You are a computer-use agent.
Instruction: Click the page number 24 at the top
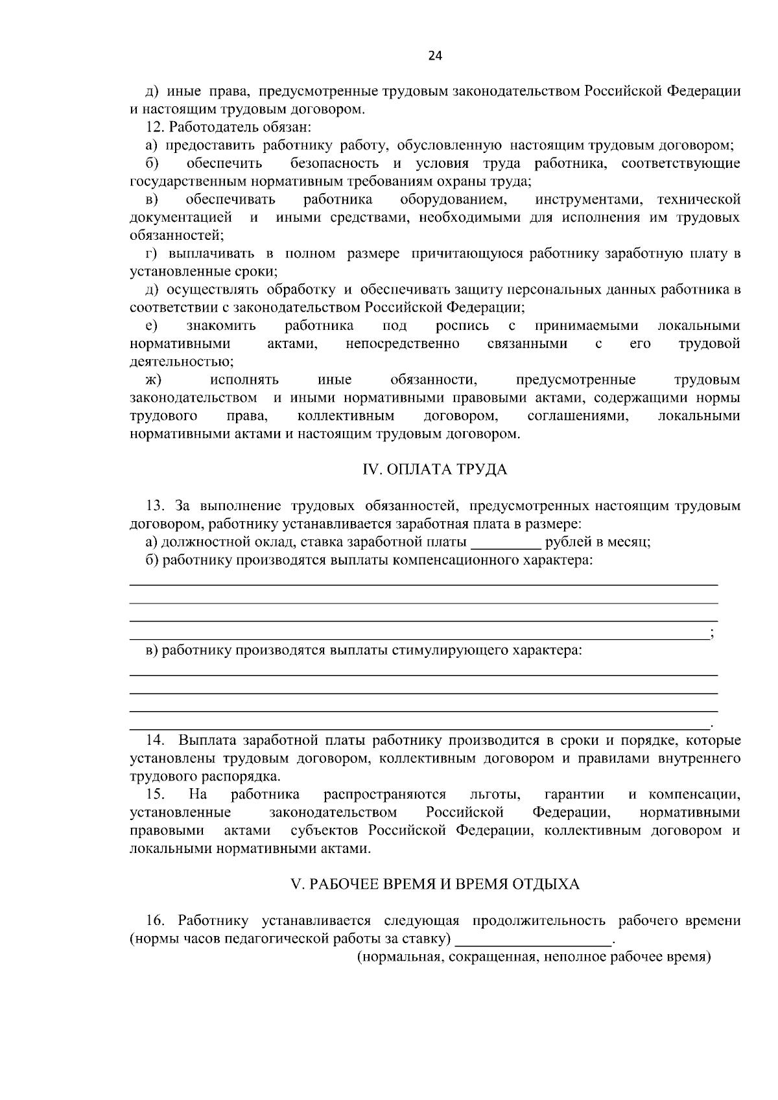pos(435,56)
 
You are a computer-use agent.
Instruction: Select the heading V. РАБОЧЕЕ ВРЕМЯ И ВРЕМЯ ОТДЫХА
pos(434,884)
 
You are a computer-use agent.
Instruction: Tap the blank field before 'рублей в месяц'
pos(506,543)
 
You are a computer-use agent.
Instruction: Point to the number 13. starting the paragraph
pos(156,506)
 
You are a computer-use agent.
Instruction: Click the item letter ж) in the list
pos(153,380)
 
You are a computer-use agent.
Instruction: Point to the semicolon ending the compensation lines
pos(713,635)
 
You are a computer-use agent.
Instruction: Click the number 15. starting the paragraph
pos(156,795)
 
